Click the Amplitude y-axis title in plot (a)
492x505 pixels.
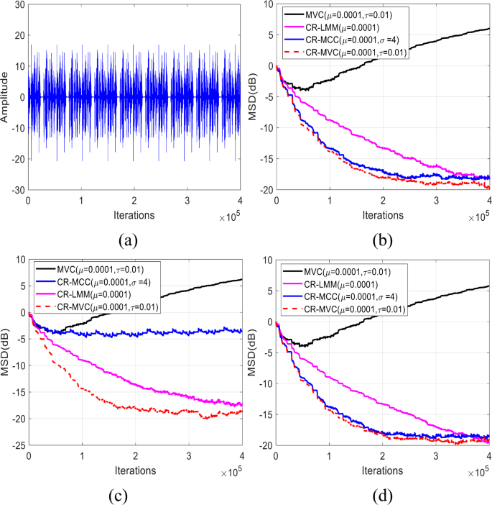click(x=6, y=97)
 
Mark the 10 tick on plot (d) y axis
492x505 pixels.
click(x=268, y=260)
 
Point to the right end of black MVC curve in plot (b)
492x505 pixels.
click(x=489, y=29)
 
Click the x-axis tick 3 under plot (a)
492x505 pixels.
click(x=187, y=201)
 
